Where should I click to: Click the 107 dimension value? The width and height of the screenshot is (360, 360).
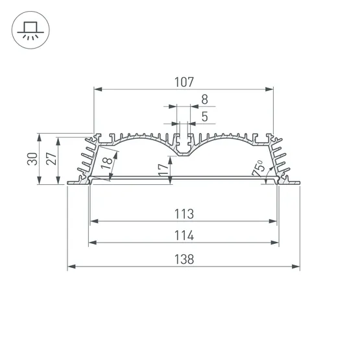(x=184, y=82)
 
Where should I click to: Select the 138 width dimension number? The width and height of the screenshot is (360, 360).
(x=184, y=259)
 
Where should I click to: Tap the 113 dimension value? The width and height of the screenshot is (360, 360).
(x=184, y=214)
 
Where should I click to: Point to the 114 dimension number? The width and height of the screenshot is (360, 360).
(x=184, y=235)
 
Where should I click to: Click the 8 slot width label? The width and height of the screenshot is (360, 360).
(x=204, y=99)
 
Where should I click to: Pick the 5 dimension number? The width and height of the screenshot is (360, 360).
(x=204, y=117)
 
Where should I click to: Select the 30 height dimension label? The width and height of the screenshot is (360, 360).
(x=32, y=159)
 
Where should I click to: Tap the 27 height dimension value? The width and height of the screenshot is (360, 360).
(x=51, y=159)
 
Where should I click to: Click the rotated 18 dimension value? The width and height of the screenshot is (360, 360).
(x=106, y=163)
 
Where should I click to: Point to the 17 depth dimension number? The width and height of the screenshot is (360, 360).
(x=163, y=170)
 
